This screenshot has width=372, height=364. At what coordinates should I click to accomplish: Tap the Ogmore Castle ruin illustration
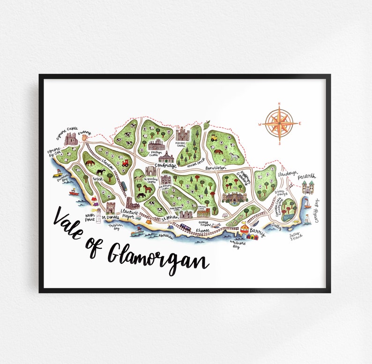tap(71, 139)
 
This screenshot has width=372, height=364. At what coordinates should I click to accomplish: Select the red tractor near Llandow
tap(126, 163)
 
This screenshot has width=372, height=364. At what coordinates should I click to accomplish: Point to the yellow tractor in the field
tap(214, 138)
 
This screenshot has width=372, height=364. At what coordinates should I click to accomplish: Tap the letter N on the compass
tap(279, 104)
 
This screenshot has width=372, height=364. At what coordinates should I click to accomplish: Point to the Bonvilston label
tap(215, 167)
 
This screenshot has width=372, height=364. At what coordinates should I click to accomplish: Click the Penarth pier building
tap(308, 188)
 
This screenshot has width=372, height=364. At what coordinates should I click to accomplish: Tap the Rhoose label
tap(203, 230)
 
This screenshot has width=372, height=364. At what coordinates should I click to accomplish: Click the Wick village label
tap(97, 178)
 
